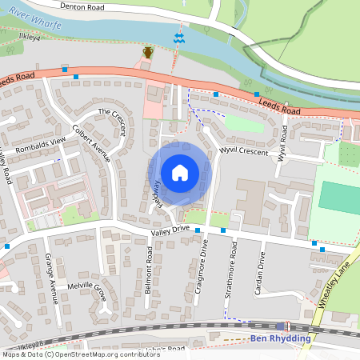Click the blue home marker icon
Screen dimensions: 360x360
[180, 173]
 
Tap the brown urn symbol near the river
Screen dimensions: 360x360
[147, 53]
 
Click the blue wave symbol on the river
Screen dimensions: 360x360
[178, 38]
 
